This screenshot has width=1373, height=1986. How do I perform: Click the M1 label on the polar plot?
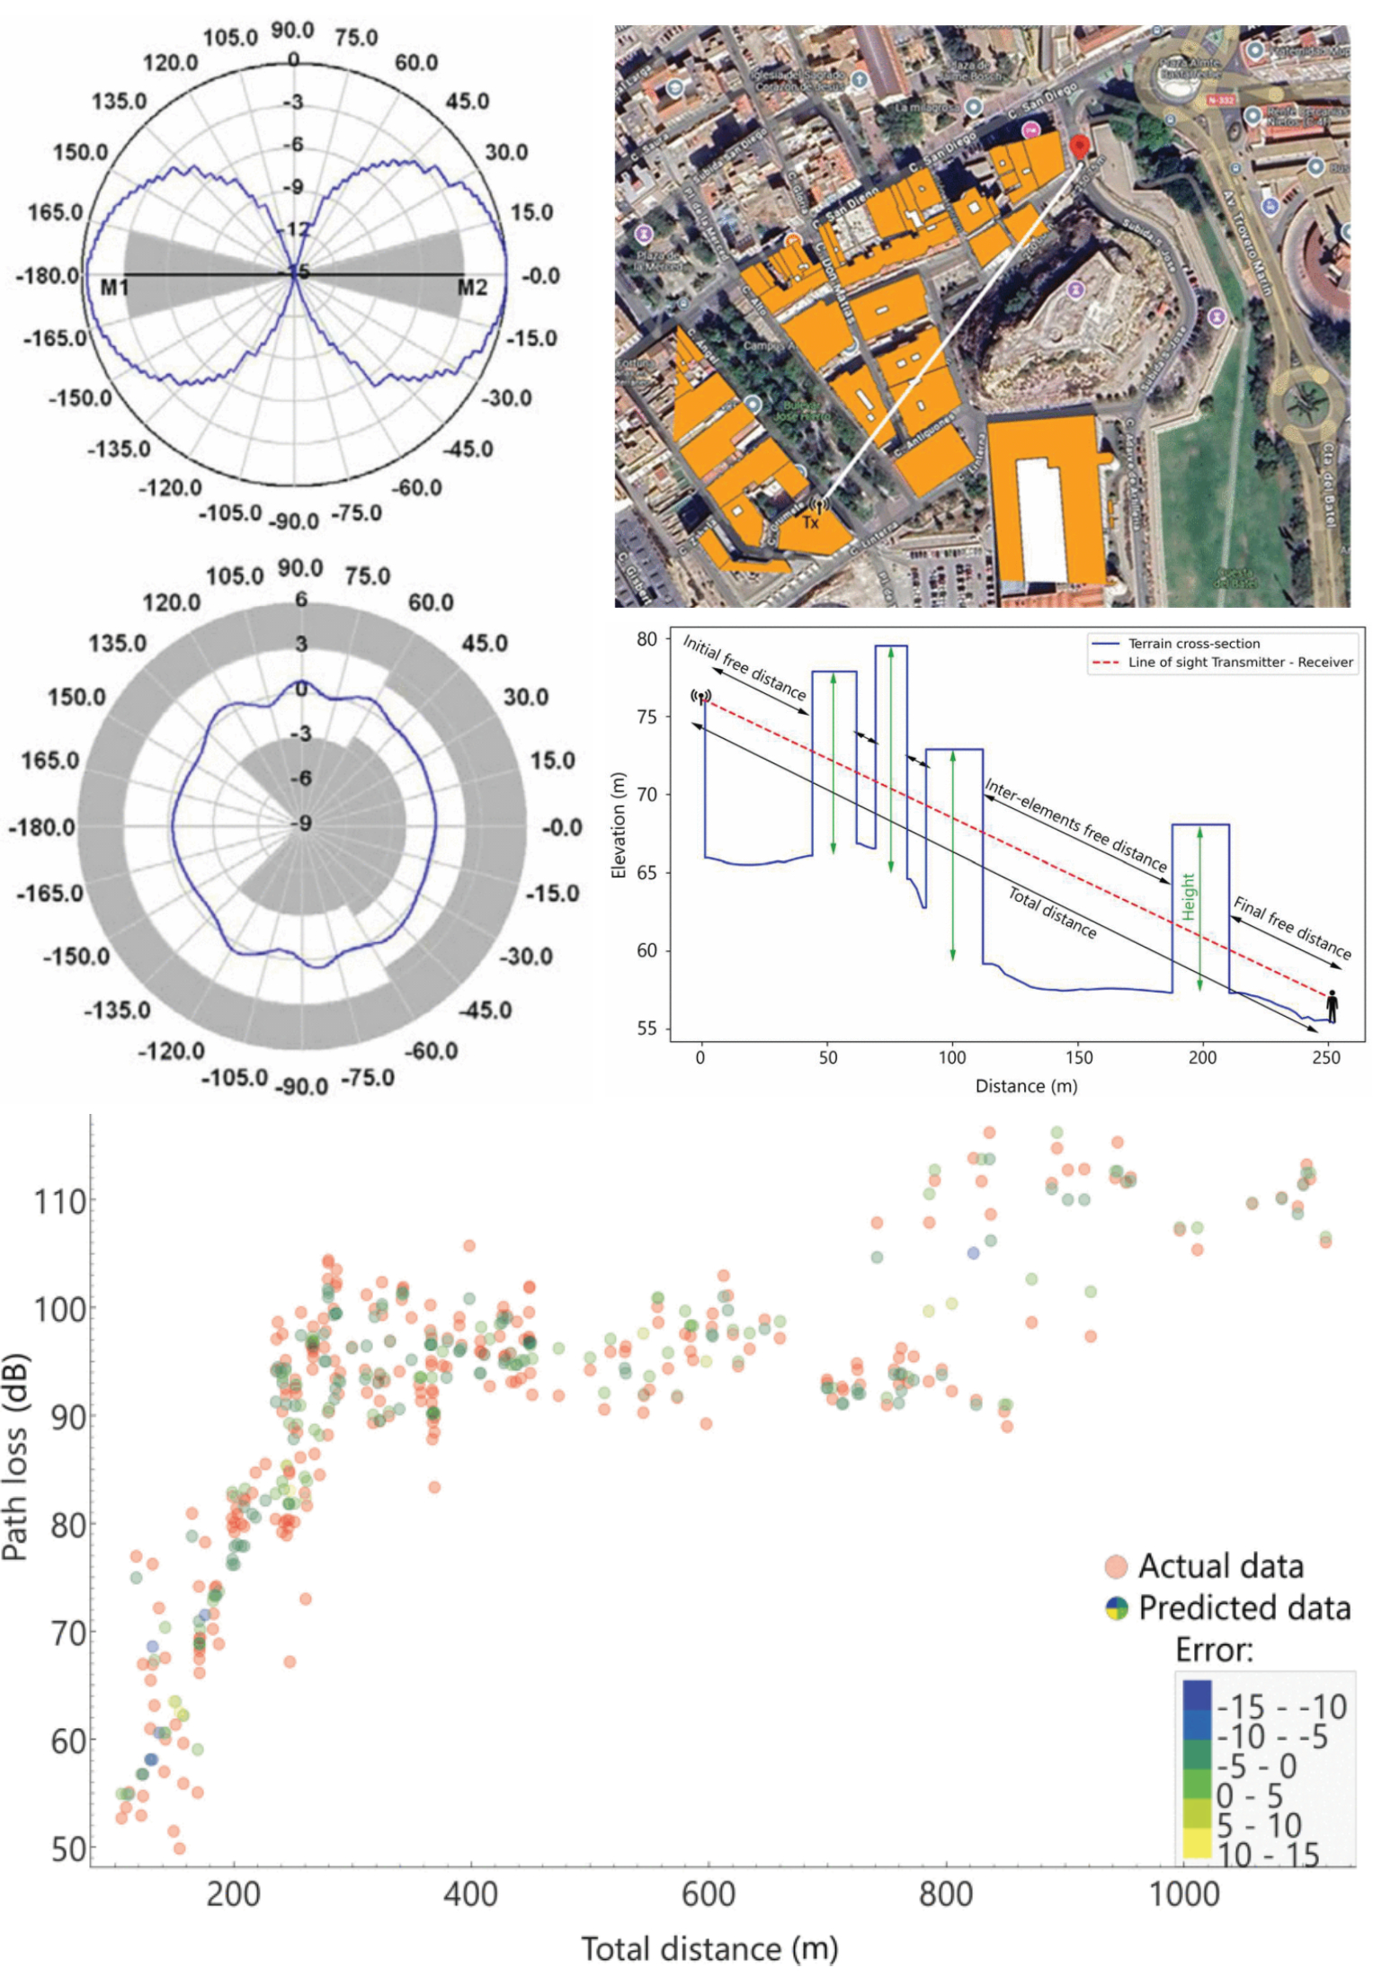pyautogui.click(x=115, y=288)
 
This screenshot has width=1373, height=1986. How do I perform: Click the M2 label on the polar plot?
pyautogui.click(x=472, y=288)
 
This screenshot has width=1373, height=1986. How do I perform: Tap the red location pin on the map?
pyautogui.click(x=1079, y=147)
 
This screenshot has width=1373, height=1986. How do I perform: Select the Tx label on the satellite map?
pyautogui.click(x=811, y=522)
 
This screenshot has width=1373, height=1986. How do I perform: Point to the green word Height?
pyautogui.click(x=1188, y=896)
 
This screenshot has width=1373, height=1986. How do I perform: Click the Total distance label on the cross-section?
pyautogui.click(x=1052, y=913)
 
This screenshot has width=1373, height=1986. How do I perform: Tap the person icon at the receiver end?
pyautogui.click(x=1332, y=1006)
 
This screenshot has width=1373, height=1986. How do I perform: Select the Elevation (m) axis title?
pyautogui.click(x=618, y=825)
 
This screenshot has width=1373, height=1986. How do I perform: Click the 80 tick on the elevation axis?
pyautogui.click(x=647, y=639)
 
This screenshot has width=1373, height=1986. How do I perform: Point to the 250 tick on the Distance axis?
pyautogui.click(x=1325, y=1058)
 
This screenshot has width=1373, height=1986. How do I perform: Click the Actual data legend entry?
pyautogui.click(x=1220, y=1566)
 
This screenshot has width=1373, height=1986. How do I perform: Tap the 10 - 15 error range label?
pyautogui.click(x=1268, y=1855)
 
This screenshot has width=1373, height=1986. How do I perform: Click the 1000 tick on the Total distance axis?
pyautogui.click(x=1184, y=1894)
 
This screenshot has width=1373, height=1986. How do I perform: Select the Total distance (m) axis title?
pyautogui.click(x=709, y=1949)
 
